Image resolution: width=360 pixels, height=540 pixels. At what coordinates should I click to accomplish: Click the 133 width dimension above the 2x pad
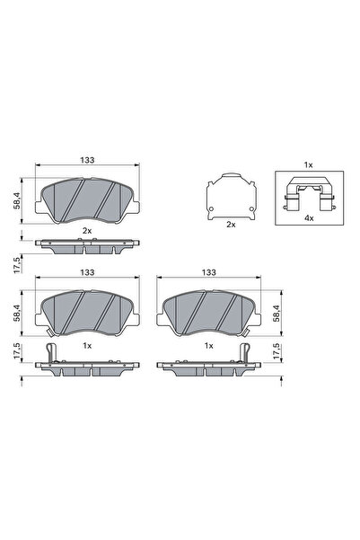pos(87,160)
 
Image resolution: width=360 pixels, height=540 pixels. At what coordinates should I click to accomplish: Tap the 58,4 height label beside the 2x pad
pos(17,200)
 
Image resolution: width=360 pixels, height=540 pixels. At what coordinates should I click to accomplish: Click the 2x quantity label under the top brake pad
pos(87,231)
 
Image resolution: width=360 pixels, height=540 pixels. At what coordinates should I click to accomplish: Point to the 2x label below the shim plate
pos(231,225)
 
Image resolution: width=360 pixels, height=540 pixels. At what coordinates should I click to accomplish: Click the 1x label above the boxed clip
pos(308,165)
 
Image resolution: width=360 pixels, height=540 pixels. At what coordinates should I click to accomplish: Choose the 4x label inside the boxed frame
pos(309,218)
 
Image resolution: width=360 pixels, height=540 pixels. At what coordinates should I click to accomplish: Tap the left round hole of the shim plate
pos(211,208)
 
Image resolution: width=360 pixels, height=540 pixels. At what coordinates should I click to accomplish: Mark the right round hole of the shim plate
pos(251,208)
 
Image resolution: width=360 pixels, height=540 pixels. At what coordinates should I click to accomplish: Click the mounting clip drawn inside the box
pos(309,194)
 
